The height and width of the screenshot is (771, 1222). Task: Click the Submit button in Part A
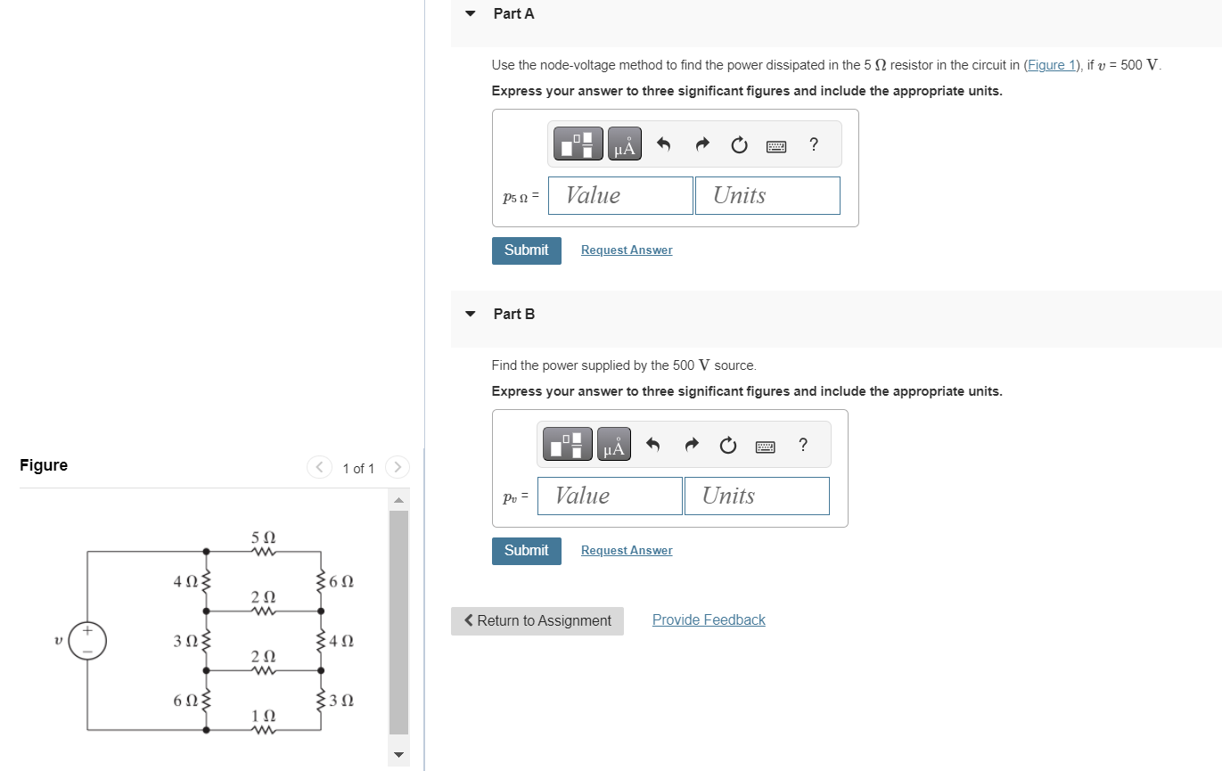click(526, 250)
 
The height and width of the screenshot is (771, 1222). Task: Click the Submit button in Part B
click(526, 551)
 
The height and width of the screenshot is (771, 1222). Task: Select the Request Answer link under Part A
click(626, 250)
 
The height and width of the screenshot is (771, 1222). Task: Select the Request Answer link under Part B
click(626, 551)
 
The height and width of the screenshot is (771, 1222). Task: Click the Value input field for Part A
click(620, 195)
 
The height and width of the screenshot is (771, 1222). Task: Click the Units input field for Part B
click(756, 496)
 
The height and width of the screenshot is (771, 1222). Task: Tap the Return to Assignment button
click(537, 620)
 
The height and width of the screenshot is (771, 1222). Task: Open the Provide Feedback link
click(709, 620)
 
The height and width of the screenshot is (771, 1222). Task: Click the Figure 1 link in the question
click(1050, 65)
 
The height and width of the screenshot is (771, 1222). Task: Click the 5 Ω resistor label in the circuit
click(264, 538)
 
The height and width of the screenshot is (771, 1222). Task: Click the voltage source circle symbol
click(87, 641)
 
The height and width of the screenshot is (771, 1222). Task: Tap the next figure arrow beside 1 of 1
click(398, 467)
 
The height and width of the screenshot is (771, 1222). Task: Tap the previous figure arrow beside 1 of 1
click(319, 467)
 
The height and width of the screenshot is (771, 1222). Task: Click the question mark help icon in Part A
click(813, 144)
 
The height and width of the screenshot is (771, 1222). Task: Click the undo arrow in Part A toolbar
click(663, 144)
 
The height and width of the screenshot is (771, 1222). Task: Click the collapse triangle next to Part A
click(472, 14)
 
